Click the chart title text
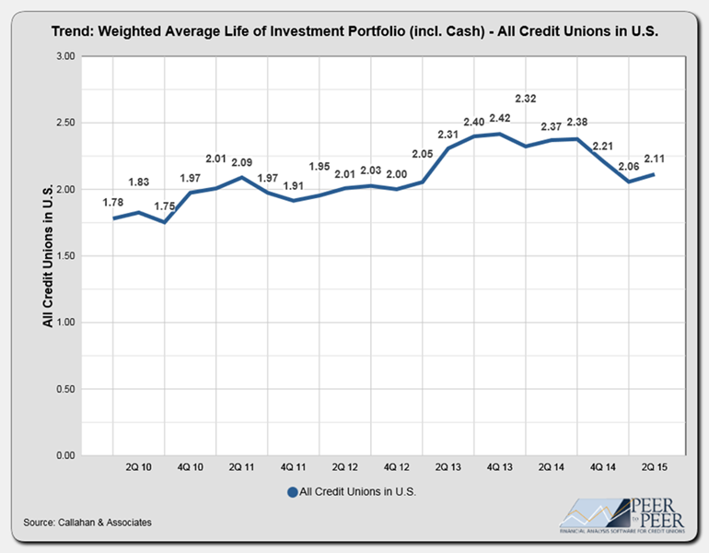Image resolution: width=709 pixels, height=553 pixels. [354, 30]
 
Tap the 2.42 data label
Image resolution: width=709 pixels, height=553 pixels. [499, 119]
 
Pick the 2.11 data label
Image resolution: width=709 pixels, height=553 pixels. [654, 159]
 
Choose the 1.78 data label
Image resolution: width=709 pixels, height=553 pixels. [112, 203]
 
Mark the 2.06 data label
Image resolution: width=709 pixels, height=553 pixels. [628, 166]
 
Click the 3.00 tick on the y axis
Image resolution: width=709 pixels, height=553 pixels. [65, 56]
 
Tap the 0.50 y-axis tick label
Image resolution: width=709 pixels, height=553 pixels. [65, 389]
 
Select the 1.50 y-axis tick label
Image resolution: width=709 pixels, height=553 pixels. [65, 256]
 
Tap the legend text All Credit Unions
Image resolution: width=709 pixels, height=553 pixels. [358, 492]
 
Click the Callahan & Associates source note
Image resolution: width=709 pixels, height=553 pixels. [88, 523]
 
